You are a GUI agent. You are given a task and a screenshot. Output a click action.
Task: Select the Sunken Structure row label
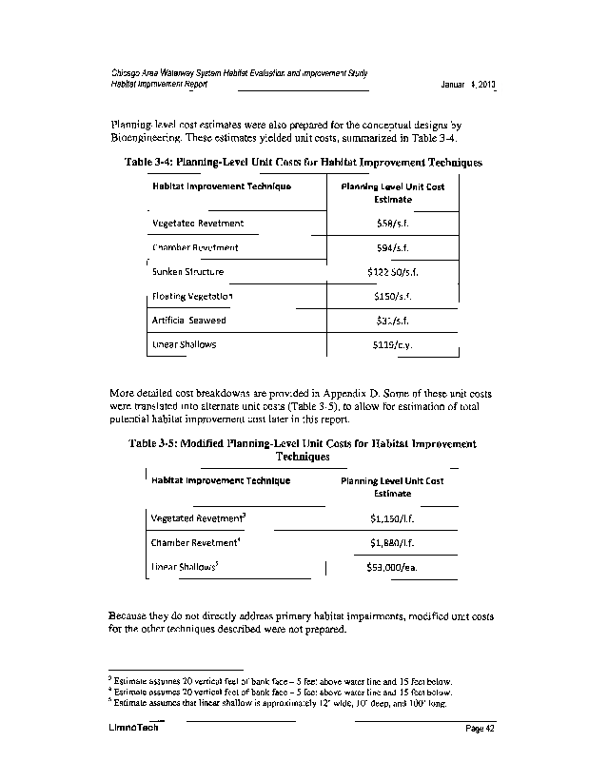point(187,272)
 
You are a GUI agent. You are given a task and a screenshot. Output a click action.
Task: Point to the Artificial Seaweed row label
point(188,321)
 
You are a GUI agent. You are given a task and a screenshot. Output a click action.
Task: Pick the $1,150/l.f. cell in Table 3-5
point(392,518)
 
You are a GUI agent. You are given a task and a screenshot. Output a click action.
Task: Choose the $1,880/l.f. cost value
point(392,543)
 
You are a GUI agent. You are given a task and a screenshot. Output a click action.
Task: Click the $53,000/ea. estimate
point(392,568)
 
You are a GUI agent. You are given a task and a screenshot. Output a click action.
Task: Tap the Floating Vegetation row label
point(192,297)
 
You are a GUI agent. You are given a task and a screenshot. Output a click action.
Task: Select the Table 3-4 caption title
point(303,163)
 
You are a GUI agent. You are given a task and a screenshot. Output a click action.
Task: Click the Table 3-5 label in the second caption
point(154,444)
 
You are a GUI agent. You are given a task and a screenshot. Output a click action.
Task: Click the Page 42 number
point(481,729)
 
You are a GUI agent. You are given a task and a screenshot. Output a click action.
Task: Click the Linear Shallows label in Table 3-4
point(184,344)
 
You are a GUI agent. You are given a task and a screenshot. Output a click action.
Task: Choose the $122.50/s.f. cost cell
point(392,272)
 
